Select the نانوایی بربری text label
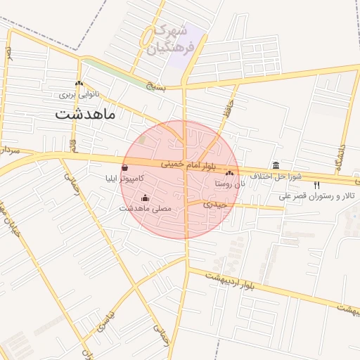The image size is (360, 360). coord(79,93)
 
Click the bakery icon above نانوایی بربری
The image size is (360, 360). coord(79,83)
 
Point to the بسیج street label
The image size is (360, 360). coord(155,86)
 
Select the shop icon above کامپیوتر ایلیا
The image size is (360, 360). coord(125,168)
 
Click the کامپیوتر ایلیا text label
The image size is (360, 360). coord(125,179)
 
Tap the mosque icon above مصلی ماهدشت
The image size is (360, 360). coord(146,198)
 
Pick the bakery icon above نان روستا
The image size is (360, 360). coord(229,173)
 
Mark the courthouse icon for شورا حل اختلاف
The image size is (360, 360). coord(276,166)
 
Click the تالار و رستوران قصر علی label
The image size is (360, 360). coord(318,196)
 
